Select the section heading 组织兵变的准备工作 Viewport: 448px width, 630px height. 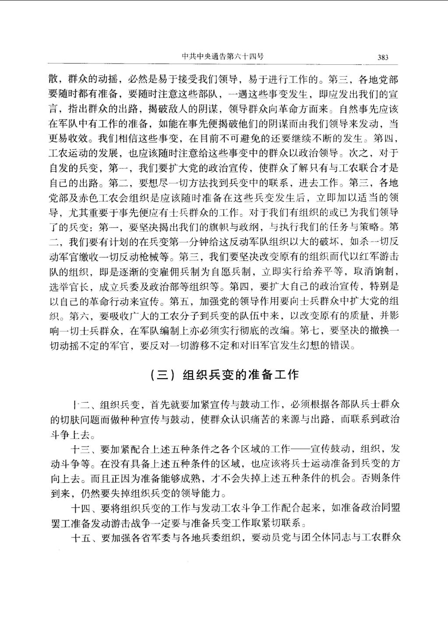240,375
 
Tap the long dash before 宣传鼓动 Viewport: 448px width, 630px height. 300,449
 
